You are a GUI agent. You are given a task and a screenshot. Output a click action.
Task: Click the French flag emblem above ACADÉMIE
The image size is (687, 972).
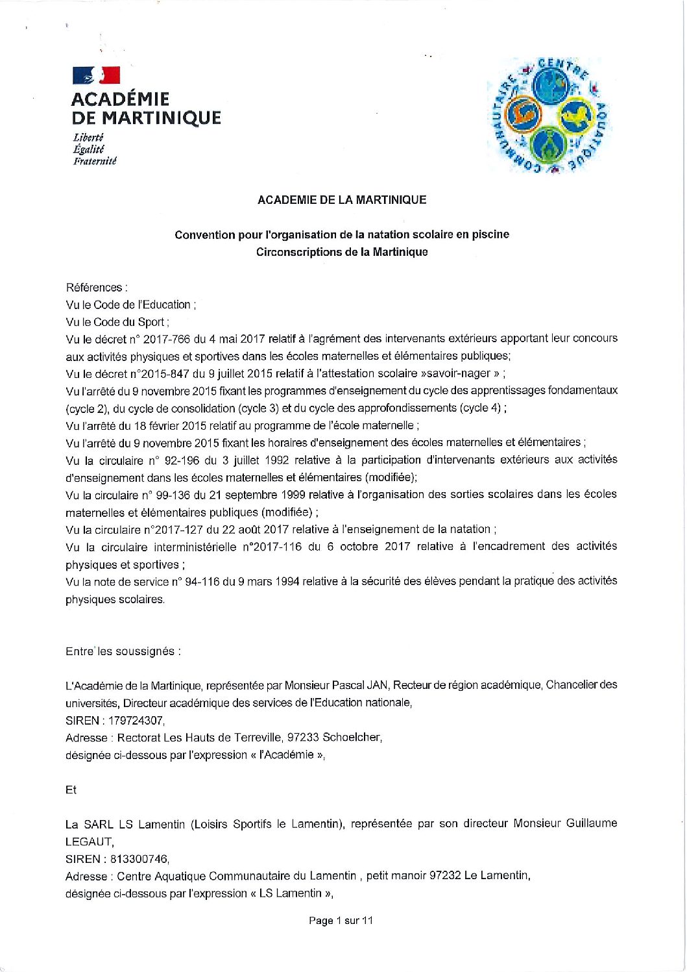[x=96, y=75]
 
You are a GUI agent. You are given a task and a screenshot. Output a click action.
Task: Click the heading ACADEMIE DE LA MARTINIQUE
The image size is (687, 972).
[x=342, y=200]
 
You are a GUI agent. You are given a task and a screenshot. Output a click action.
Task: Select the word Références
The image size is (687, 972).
[x=95, y=288]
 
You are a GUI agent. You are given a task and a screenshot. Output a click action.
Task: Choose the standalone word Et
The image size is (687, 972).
[x=71, y=790]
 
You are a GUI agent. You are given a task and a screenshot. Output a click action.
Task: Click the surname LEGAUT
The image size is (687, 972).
[x=89, y=841]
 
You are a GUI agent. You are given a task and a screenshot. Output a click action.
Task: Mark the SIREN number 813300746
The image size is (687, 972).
[x=139, y=859]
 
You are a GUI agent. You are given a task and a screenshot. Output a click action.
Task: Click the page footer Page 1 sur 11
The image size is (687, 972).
[x=341, y=920]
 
